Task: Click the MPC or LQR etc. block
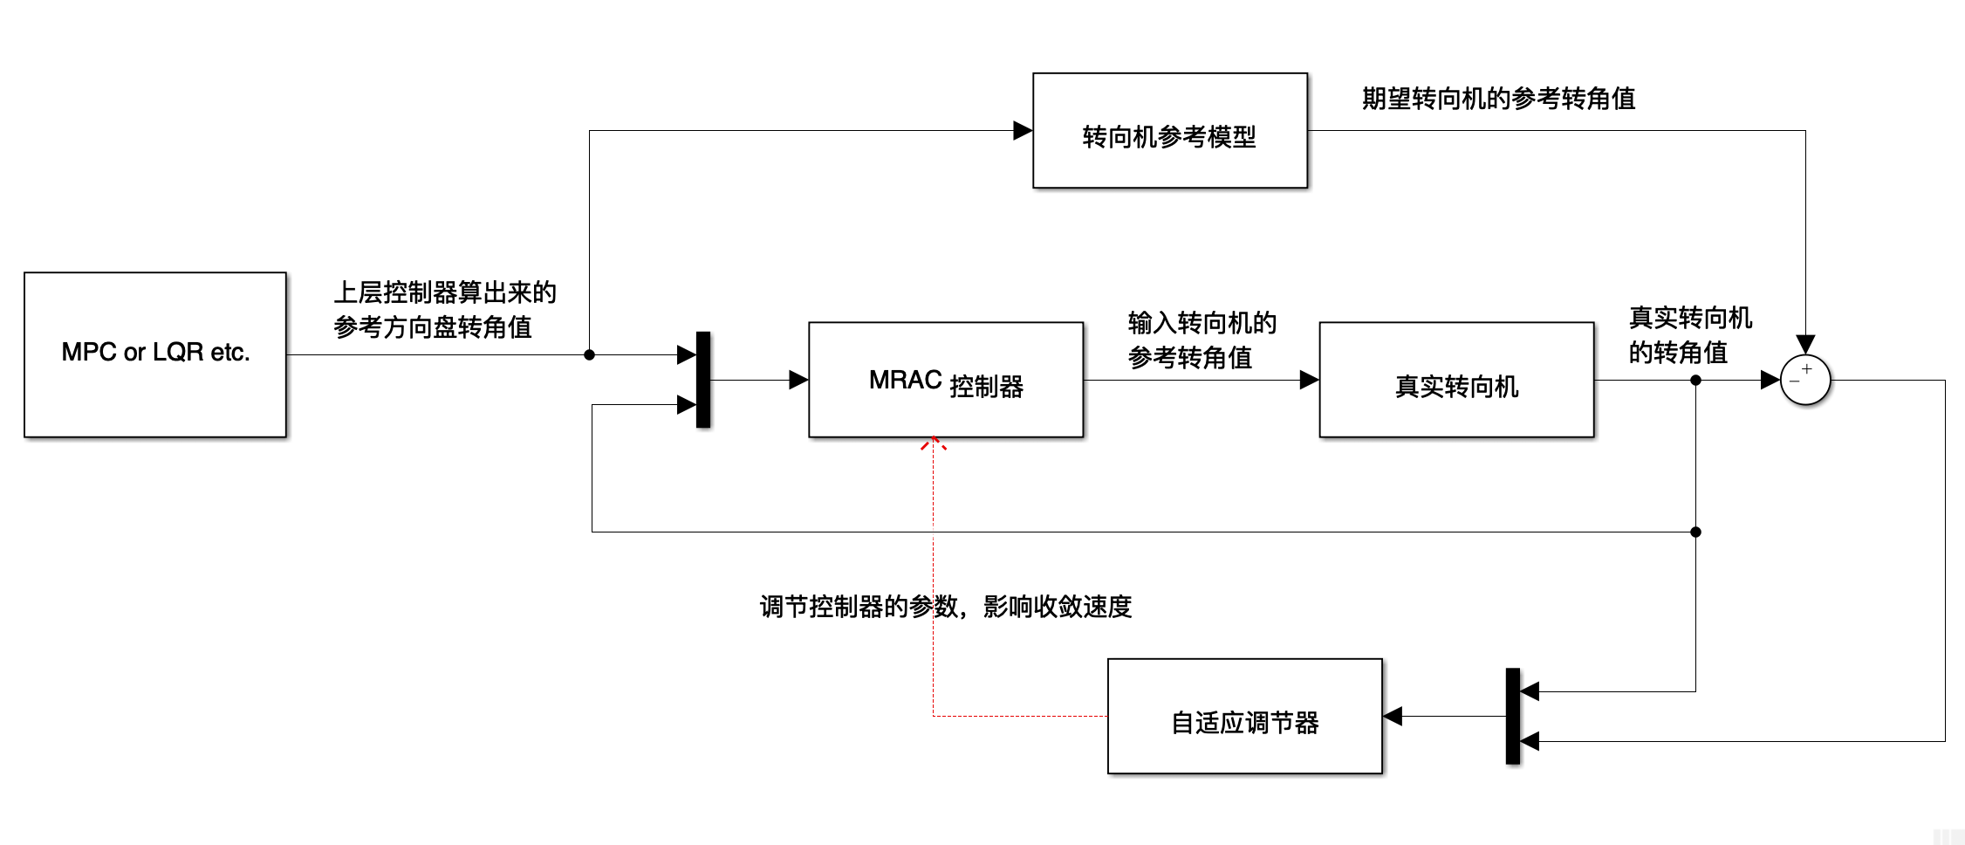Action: [x=155, y=354]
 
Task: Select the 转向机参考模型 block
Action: [x=1169, y=131]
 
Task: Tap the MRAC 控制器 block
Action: [x=945, y=380]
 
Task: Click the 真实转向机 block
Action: [x=1455, y=380]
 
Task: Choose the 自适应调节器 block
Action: [x=1244, y=716]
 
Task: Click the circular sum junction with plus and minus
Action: [x=1804, y=380]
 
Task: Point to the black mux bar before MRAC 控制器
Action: [x=703, y=380]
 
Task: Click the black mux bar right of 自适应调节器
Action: [x=1512, y=716]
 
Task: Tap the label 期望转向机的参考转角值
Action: [x=1498, y=99]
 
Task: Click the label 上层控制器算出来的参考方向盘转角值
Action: [x=443, y=310]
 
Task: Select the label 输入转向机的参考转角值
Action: [x=1202, y=340]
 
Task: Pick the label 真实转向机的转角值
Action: [x=1689, y=334]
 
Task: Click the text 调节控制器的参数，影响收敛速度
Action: [x=945, y=606]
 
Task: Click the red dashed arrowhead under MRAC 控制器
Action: [x=933, y=443]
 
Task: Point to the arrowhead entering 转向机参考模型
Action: [x=1023, y=131]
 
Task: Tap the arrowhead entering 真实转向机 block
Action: [x=1309, y=380]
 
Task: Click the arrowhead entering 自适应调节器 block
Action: [x=1393, y=716]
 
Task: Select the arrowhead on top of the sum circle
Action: [x=1804, y=344]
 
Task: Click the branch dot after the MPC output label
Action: [x=589, y=354]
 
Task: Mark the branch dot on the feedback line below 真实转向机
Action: [x=1695, y=532]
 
